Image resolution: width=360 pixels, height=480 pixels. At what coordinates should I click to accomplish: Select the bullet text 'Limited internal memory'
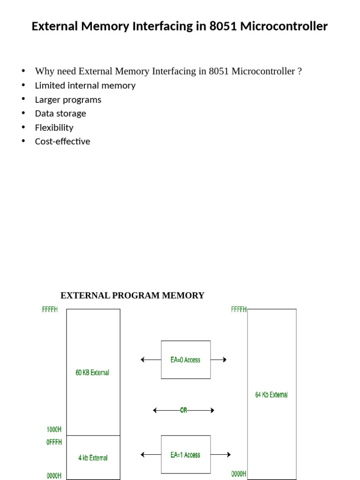(85, 85)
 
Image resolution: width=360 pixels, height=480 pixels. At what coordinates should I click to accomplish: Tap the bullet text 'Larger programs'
(68, 99)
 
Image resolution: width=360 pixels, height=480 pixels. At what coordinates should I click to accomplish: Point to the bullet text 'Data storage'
(60, 113)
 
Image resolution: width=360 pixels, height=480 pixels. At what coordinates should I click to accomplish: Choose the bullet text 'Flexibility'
(54, 127)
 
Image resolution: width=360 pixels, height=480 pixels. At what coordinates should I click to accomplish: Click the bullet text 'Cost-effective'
(62, 142)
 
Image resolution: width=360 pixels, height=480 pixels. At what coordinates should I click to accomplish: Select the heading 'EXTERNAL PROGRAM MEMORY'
(132, 295)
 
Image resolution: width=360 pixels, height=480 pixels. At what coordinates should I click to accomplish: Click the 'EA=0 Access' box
(186, 360)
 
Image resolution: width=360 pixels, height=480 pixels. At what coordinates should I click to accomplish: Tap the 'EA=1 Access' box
(186, 454)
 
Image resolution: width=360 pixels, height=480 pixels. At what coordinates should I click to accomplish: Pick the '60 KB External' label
(92, 373)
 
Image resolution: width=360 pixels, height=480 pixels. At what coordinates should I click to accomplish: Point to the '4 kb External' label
(93, 458)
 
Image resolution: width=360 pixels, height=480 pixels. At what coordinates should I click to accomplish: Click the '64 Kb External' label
(271, 395)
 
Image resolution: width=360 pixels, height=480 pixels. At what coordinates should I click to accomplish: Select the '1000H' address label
(54, 429)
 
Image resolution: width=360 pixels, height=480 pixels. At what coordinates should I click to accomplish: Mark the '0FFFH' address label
(54, 442)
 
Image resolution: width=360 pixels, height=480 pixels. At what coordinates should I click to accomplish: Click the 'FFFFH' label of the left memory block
(50, 310)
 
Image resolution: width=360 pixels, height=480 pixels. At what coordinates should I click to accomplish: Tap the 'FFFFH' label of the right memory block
(239, 310)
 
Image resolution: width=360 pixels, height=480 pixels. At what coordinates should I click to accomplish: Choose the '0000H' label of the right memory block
(239, 474)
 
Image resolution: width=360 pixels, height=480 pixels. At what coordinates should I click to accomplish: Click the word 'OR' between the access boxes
(183, 410)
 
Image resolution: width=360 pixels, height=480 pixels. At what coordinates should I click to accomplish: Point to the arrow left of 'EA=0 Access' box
(150, 360)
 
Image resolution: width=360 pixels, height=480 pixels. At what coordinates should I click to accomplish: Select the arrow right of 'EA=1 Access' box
(221, 454)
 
